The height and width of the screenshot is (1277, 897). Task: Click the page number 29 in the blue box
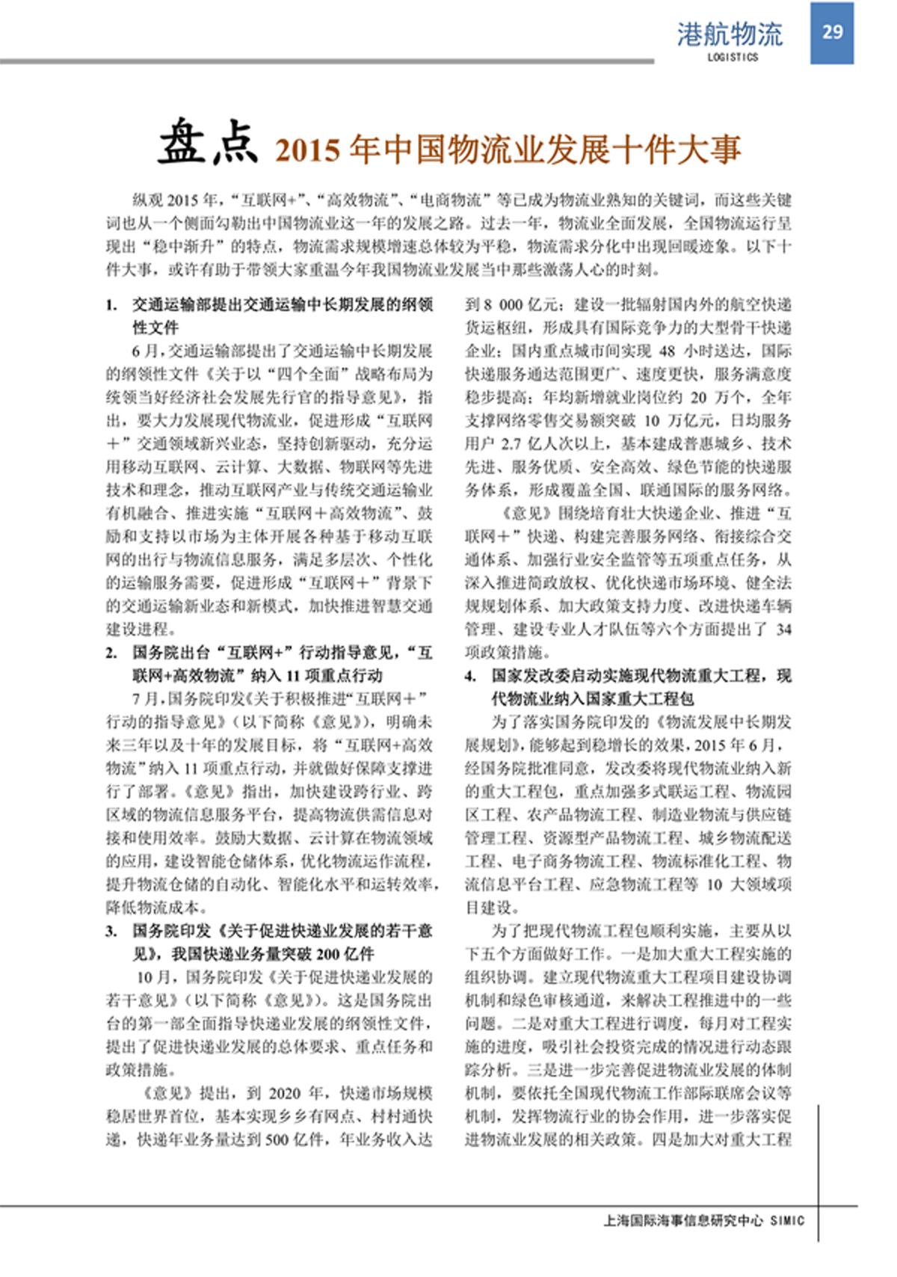(x=832, y=31)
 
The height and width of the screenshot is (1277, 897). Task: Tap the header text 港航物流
(x=730, y=34)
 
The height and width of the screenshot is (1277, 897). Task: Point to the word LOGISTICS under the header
(x=733, y=57)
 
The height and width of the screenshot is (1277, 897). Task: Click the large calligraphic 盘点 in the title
(x=207, y=142)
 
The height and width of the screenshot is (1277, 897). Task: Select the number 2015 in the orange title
(x=307, y=150)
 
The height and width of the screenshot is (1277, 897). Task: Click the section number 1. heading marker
(x=111, y=305)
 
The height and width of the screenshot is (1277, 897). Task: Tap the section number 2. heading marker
(x=111, y=653)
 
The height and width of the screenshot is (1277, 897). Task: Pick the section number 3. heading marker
(x=111, y=931)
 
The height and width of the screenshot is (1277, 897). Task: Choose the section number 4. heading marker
(x=470, y=676)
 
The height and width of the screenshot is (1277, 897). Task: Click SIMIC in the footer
(x=787, y=1220)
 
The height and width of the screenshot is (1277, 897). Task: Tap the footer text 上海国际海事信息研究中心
(x=683, y=1220)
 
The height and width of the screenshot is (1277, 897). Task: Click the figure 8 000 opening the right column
(x=502, y=305)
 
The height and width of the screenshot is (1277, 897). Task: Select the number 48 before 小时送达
(x=668, y=351)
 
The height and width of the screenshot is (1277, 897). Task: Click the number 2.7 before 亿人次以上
(x=511, y=444)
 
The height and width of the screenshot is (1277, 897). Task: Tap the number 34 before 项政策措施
(x=783, y=630)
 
